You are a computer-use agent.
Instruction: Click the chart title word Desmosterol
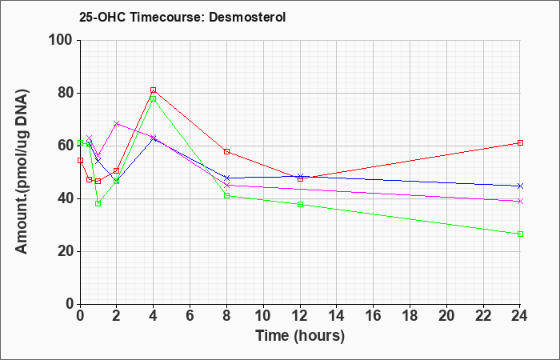(x=247, y=17)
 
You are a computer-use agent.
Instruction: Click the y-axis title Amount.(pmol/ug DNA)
(x=22, y=172)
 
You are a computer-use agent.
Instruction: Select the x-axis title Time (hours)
(x=300, y=336)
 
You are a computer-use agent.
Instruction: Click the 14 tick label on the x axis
(x=337, y=316)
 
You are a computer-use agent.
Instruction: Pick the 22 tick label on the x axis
(x=483, y=316)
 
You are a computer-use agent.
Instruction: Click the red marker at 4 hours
(x=154, y=90)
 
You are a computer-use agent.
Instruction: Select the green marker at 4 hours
(x=154, y=99)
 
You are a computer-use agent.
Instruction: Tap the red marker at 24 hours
(x=520, y=143)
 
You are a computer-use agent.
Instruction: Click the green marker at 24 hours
(x=520, y=234)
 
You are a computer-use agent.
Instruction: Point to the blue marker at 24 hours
(x=520, y=186)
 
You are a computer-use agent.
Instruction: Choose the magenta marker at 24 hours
(x=520, y=202)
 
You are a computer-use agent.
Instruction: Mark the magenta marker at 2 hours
(x=117, y=123)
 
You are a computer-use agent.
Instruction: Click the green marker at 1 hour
(x=98, y=203)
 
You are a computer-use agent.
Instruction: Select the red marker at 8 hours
(x=226, y=152)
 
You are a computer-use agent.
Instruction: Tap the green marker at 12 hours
(x=300, y=204)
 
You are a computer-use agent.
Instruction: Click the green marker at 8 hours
(x=226, y=196)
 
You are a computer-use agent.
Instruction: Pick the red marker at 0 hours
(x=80, y=160)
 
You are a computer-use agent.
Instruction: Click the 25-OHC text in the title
(x=102, y=17)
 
